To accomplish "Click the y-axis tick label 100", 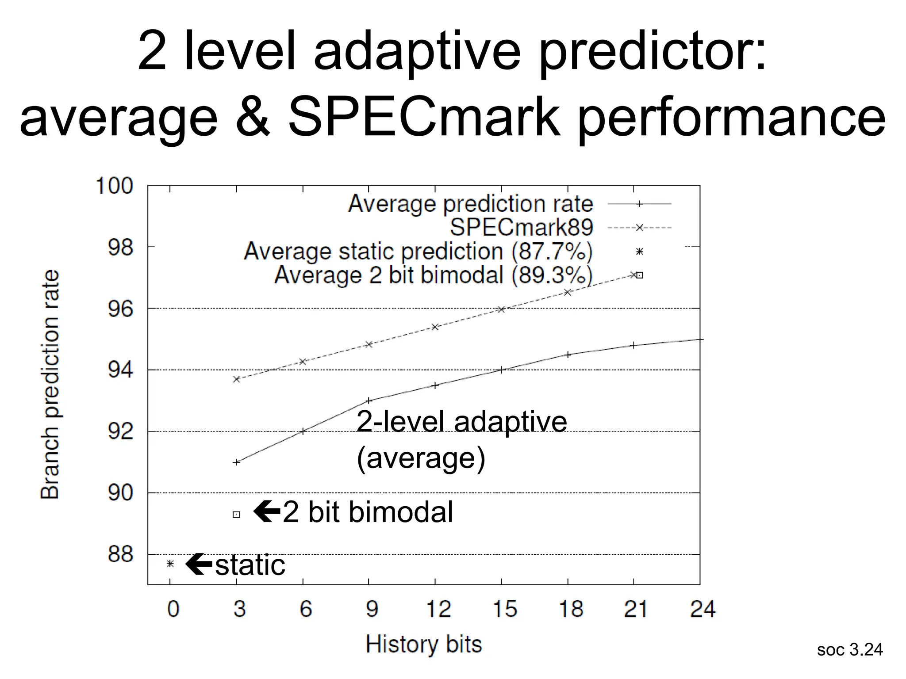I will click(x=114, y=186).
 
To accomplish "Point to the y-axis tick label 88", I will click(x=120, y=554).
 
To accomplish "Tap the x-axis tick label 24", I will click(x=702, y=609).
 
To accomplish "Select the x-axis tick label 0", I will click(x=173, y=609).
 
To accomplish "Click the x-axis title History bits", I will click(x=423, y=644).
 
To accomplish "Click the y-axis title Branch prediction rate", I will click(x=50, y=385).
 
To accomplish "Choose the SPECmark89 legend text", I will click(x=521, y=227).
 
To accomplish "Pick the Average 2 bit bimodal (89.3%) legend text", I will click(x=433, y=275).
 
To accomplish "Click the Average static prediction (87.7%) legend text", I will click(x=418, y=251).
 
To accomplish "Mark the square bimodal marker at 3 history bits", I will click(x=236, y=514).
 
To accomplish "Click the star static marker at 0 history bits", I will click(x=170, y=564).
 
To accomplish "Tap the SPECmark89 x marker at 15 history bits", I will click(x=501, y=309).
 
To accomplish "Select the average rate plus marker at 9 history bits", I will click(x=369, y=401).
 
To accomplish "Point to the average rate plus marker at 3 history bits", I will click(x=236, y=462).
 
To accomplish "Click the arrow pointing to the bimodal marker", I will click(x=267, y=511).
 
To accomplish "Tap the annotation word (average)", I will click(x=421, y=458).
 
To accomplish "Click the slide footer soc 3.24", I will click(x=849, y=649).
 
